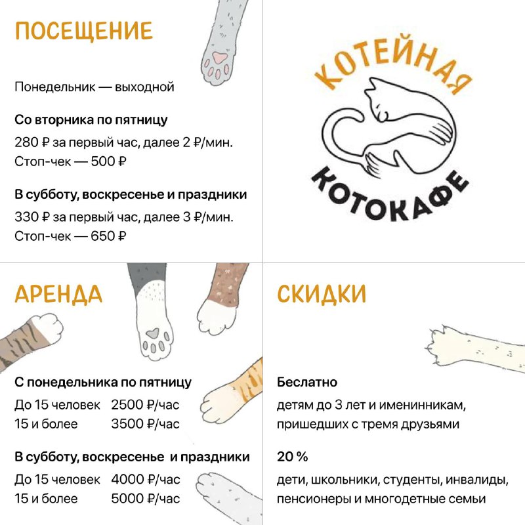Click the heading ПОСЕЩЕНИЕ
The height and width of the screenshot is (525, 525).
84,31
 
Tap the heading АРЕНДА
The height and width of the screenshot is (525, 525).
58,294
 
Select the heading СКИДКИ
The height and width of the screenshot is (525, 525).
322,294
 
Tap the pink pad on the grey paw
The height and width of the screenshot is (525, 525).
219,57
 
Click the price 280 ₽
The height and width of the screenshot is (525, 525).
31,142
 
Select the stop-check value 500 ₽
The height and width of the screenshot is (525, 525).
108,161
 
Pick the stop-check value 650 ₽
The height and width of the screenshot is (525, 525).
108,236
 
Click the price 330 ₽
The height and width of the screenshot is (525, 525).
31,217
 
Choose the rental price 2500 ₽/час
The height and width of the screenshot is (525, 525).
145,405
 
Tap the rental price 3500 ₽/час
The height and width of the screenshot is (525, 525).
145,424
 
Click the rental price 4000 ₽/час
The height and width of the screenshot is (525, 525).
146,480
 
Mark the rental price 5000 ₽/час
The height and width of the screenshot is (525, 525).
146,499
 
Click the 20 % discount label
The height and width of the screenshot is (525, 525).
292,457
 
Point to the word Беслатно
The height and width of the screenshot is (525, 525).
307,382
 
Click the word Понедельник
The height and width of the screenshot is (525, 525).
55,87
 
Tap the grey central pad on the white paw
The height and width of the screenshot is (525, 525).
153,333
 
